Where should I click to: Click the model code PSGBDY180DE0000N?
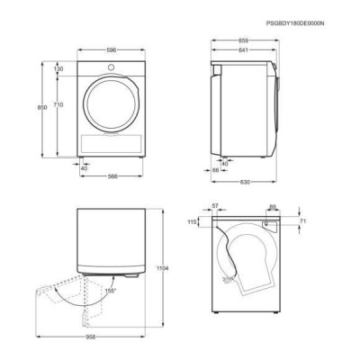coord(295,23)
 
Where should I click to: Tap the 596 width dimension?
coord(112,50)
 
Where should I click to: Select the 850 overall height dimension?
coord(42,107)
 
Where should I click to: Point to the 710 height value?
coord(58,104)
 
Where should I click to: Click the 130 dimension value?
coord(58,69)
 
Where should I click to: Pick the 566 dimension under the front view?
coord(112,176)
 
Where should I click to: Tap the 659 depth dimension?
coord(243,40)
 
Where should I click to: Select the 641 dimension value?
coord(243,50)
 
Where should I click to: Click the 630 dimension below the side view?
coord(245,182)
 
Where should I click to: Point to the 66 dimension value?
coord(216,170)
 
